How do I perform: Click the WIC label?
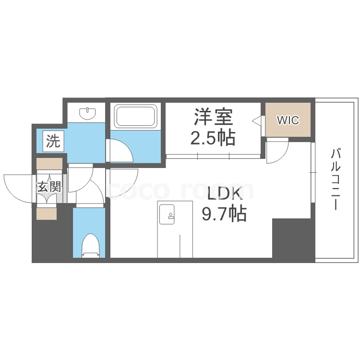tap(288, 120)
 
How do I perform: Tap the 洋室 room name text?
tap(214, 117)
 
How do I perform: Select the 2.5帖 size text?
tap(213, 137)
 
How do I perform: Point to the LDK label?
tap(225, 193)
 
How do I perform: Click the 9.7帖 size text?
tap(224, 213)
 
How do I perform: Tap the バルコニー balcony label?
tap(336, 180)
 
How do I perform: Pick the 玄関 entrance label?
tap(49, 187)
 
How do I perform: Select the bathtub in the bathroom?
tap(136, 116)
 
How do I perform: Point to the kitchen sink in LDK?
tap(167, 214)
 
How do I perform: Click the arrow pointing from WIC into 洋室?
tap(257, 120)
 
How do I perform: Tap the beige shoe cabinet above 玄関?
tap(49, 164)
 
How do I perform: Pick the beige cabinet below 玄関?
tap(47, 214)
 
